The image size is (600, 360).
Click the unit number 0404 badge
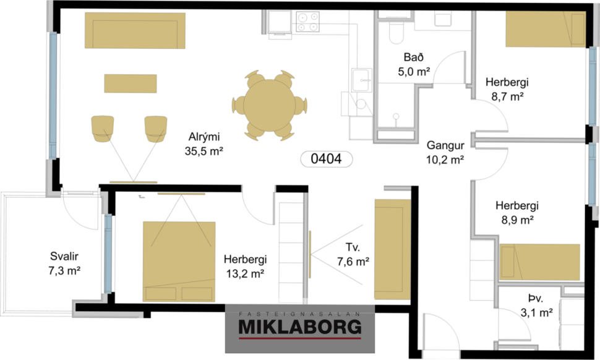(x=326, y=159)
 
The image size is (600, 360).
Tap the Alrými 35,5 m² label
(x=203, y=144)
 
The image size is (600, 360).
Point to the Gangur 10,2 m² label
(x=445, y=153)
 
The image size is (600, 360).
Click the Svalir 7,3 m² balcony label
(x=66, y=263)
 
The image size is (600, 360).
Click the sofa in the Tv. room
(x=393, y=250)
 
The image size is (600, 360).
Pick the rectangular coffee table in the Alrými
(x=130, y=83)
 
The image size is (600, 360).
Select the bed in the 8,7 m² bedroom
(x=544, y=30)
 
